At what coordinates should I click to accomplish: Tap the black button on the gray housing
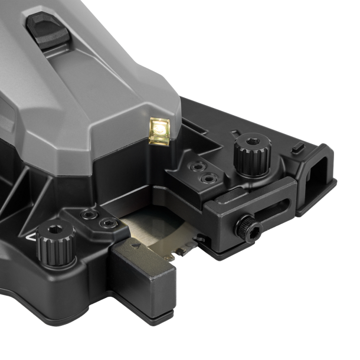pos(48,30)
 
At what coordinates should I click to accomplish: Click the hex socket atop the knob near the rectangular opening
pos(252,142)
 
